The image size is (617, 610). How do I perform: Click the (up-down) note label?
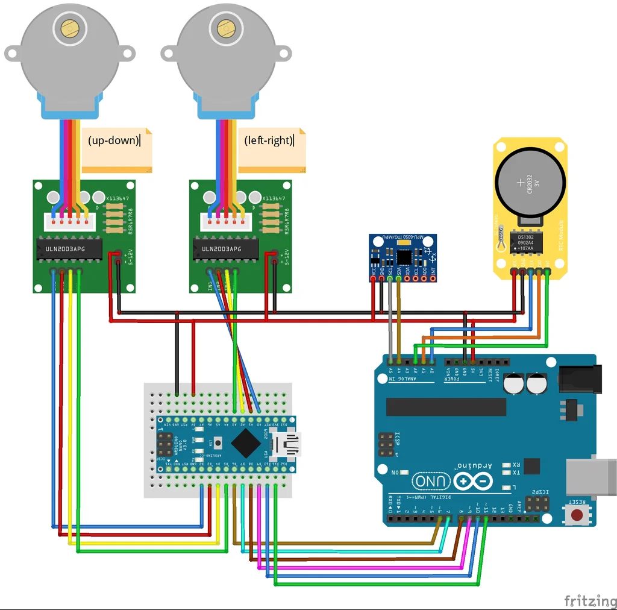pyautogui.click(x=113, y=140)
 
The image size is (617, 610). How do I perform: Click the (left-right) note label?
pyautogui.click(x=269, y=140)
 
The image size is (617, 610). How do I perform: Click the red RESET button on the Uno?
pyautogui.click(x=577, y=515)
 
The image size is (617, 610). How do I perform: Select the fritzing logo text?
pyautogui.click(x=589, y=600)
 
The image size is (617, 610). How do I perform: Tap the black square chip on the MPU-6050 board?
pyautogui.click(x=404, y=257)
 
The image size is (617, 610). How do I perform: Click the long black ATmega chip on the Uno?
pyautogui.click(x=446, y=406)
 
